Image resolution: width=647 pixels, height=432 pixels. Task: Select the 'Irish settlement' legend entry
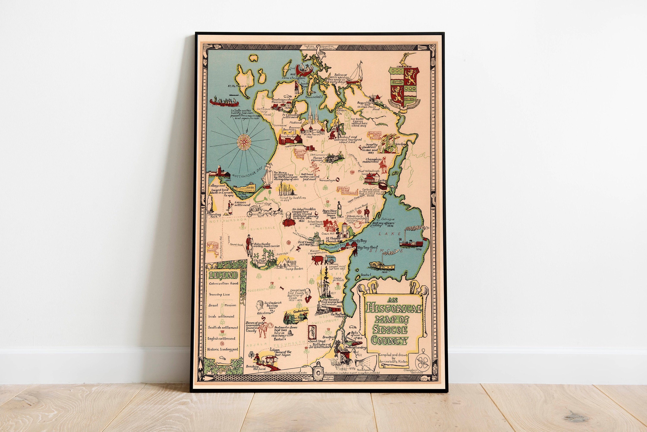tap(221, 317)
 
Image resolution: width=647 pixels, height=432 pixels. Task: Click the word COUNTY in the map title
tap(389, 340)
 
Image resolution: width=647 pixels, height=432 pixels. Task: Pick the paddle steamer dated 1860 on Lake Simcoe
tap(382, 266)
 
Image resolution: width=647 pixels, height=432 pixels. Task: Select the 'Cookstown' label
tap(301, 311)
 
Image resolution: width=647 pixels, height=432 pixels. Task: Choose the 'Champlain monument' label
tap(373, 160)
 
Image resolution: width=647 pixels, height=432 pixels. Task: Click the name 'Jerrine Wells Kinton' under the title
tap(393, 361)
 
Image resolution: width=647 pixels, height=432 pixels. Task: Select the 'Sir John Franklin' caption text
tap(304, 209)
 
